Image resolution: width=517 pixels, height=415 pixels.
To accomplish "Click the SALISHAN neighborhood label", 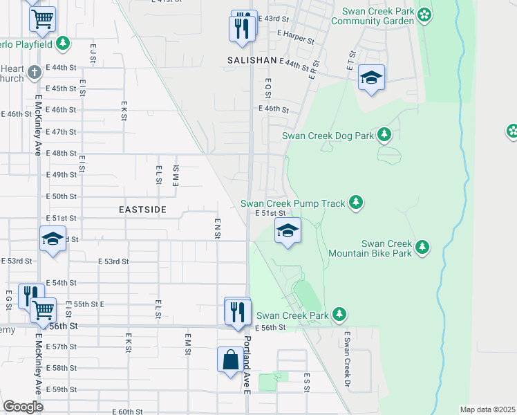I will (x=252, y=61).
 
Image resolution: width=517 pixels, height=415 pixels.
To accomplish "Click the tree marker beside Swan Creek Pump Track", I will (x=356, y=203).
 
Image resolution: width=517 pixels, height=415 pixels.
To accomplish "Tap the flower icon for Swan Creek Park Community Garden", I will (x=424, y=15).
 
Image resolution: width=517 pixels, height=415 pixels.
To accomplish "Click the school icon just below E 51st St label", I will (x=288, y=232).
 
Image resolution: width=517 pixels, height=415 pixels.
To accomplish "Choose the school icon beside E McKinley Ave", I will (x=53, y=239).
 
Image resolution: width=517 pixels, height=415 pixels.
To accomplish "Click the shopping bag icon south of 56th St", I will (x=230, y=360).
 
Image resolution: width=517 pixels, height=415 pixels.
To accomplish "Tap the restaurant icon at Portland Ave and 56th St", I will (x=236, y=311).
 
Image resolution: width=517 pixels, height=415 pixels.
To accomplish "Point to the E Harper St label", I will (x=296, y=41).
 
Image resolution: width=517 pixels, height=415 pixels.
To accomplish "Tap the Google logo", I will (x=23, y=407).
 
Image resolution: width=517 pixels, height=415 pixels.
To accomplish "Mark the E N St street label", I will (x=217, y=228).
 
